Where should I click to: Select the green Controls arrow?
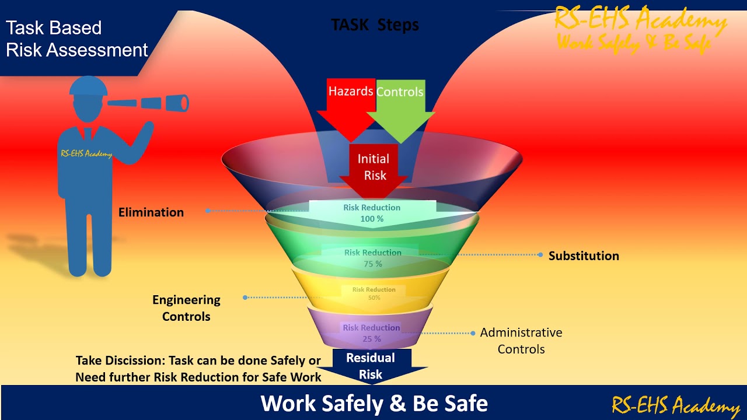coord(400,105)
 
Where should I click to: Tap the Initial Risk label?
coord(373,167)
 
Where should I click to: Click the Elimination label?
coord(151,212)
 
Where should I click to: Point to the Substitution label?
coord(584,256)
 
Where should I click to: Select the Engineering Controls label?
coord(186,308)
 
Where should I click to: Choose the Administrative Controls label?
coord(521,341)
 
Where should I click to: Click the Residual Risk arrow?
coord(371,366)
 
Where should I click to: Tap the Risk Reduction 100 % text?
coord(372,213)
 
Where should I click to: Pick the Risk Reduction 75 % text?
coord(373,258)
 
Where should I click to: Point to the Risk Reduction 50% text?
coord(373,293)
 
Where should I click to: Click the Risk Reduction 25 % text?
coord(371,333)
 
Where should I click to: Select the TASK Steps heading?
coord(375,25)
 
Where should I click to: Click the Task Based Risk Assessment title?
coord(76,38)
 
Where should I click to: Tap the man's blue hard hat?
coord(89,87)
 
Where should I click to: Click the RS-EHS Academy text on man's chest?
coord(86,154)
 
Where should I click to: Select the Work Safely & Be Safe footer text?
coord(374,403)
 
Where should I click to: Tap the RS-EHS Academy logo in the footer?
coord(675,404)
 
